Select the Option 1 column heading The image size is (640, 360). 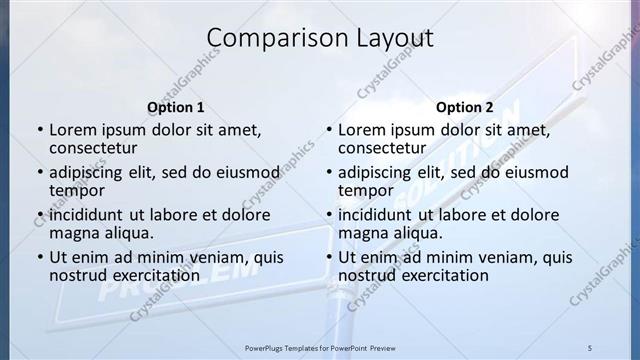tap(176, 107)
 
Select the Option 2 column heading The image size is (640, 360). tap(465, 107)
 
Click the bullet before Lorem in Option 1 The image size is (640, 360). tap(40, 130)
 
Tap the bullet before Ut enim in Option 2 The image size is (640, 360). tap(329, 257)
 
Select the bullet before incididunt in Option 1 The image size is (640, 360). tap(40, 215)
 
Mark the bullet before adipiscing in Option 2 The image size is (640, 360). tap(329, 172)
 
